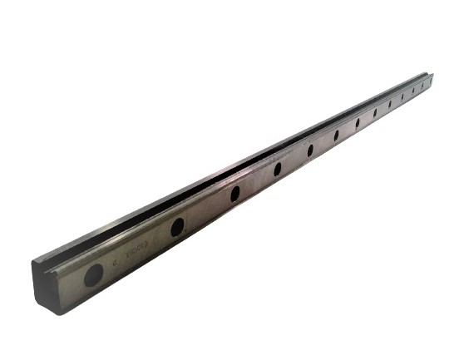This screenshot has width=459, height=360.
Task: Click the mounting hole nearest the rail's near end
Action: pos(94,274)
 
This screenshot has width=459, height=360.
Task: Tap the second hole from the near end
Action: pos(177,226)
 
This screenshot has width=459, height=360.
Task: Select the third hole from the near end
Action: pos(234,193)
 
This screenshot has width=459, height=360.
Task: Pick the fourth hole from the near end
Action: pos(277,169)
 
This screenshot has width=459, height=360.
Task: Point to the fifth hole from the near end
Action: pos(310,150)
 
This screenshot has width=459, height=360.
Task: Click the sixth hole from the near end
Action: pos(337,135)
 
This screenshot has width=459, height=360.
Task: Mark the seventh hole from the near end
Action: pos(358,123)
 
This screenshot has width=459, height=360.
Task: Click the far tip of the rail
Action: pos(433,76)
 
